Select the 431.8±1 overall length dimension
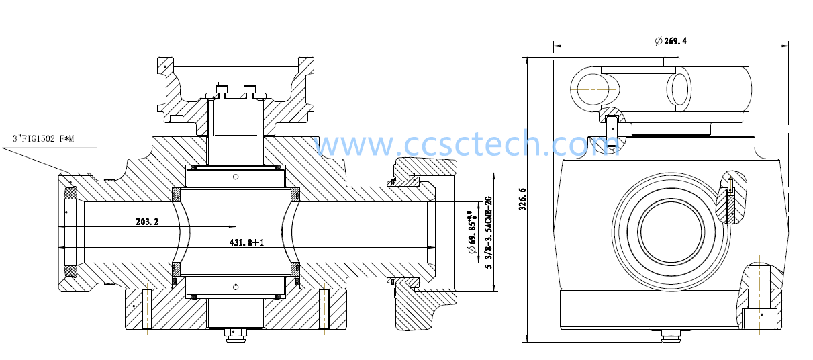[x=246, y=242]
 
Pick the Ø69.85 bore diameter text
[x=471, y=232]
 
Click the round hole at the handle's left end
[x=593, y=89]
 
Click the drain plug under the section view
[x=235, y=334]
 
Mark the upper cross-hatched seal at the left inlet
[x=70, y=193]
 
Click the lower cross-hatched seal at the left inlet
[x=70, y=271]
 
